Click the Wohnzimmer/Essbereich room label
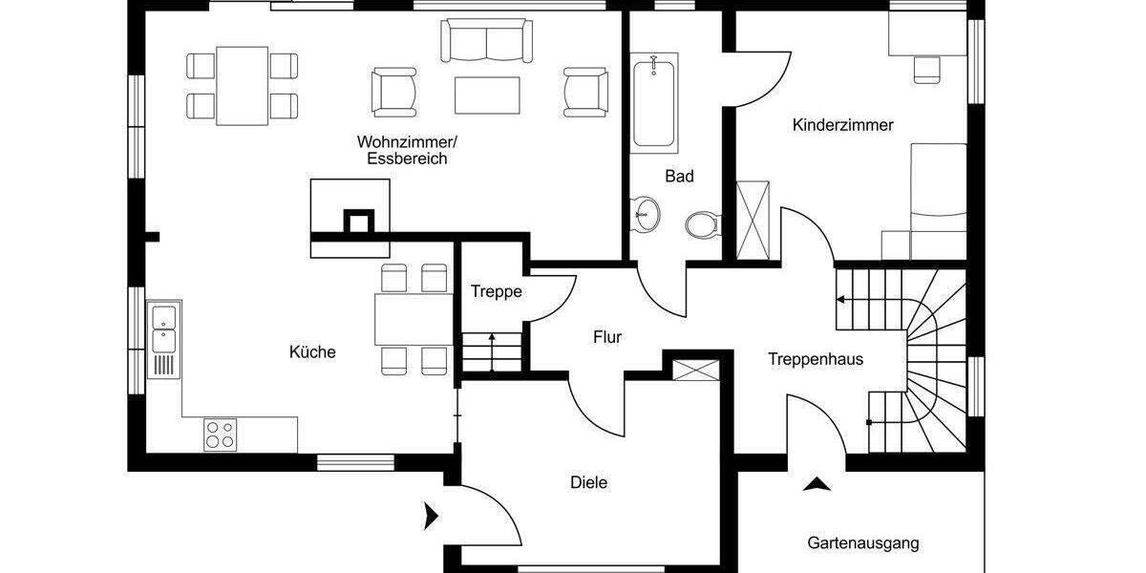pos(407,151)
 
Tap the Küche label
pos(312,352)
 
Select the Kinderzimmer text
pos(842,125)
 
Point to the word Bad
pos(679,177)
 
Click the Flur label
pos(607,337)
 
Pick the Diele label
pos(588,483)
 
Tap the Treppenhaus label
pos(816,360)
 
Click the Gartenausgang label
pos(862,543)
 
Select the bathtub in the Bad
pos(654,103)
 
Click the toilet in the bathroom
pos(702,224)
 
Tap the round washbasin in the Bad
pos(647,213)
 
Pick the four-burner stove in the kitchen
pos(220,435)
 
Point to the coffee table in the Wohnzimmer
pos(488,95)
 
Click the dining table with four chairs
pos(242,85)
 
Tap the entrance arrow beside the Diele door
pos(431,518)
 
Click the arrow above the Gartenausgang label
pos(816,483)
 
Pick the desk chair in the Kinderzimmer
pos(926,68)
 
